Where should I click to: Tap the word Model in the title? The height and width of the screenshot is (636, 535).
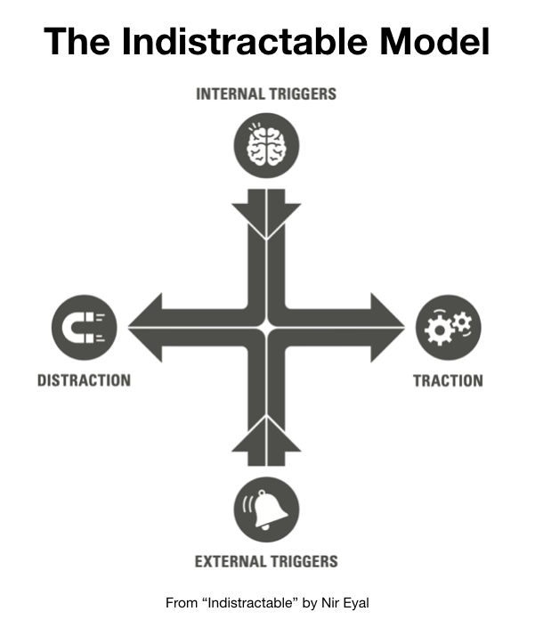[435, 41]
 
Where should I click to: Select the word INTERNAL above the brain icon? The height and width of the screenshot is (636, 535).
[230, 94]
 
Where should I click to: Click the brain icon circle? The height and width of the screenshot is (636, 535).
[266, 145]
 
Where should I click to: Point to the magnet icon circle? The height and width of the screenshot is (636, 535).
[85, 327]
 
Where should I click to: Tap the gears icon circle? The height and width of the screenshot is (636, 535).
[449, 327]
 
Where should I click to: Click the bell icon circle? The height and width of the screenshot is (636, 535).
[266, 510]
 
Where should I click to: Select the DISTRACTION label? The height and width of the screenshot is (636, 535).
[84, 380]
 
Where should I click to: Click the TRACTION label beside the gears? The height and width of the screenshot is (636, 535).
[449, 380]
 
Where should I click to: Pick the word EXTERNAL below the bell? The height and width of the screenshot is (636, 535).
[230, 561]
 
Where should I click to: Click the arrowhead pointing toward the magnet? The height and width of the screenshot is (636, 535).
[145, 327]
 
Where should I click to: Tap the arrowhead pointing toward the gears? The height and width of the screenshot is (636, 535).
[387, 327]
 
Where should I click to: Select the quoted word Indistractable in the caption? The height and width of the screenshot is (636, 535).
[249, 603]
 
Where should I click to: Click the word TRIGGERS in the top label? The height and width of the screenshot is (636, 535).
[303, 94]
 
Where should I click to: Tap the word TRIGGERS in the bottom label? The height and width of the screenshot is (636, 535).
[303, 561]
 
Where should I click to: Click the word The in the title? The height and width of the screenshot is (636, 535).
[77, 41]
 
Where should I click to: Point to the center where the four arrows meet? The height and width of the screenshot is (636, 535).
[266, 327]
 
